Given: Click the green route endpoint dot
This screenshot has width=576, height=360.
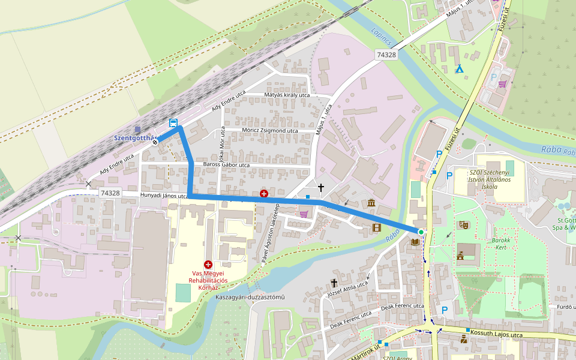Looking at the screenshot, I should click(x=421, y=232).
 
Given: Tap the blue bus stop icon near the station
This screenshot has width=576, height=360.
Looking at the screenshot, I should click(x=173, y=123).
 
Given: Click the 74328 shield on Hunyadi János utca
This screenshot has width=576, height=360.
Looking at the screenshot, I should click(x=110, y=193).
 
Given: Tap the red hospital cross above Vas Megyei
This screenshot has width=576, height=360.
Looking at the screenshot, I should click(x=208, y=264).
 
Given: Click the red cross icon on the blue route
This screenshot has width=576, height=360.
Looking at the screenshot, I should click(x=264, y=193).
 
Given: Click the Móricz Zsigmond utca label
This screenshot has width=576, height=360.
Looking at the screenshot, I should click(x=269, y=130).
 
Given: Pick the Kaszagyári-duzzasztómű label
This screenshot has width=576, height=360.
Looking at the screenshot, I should click(x=250, y=298).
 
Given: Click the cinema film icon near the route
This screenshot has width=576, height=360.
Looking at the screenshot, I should click(x=376, y=227).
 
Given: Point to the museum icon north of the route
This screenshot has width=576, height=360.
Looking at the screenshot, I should click(x=371, y=203).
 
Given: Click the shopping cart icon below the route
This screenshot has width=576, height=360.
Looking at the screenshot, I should click(x=304, y=214).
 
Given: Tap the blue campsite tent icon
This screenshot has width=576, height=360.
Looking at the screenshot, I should click(x=460, y=70).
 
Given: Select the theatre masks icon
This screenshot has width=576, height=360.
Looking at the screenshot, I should click(x=463, y=225).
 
